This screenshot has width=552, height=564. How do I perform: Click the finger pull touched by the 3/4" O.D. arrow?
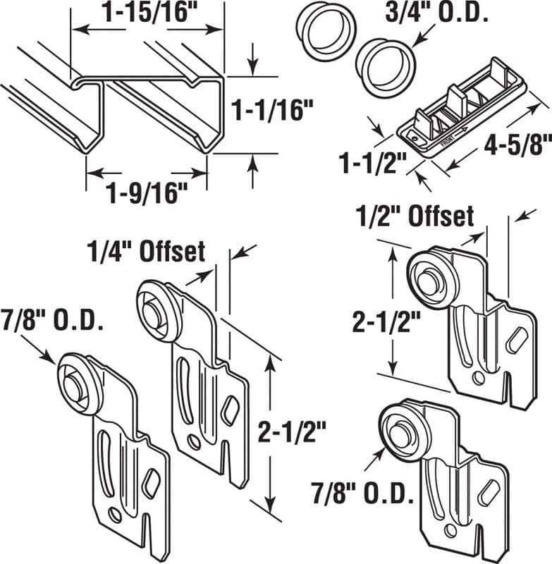coord(384,62)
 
